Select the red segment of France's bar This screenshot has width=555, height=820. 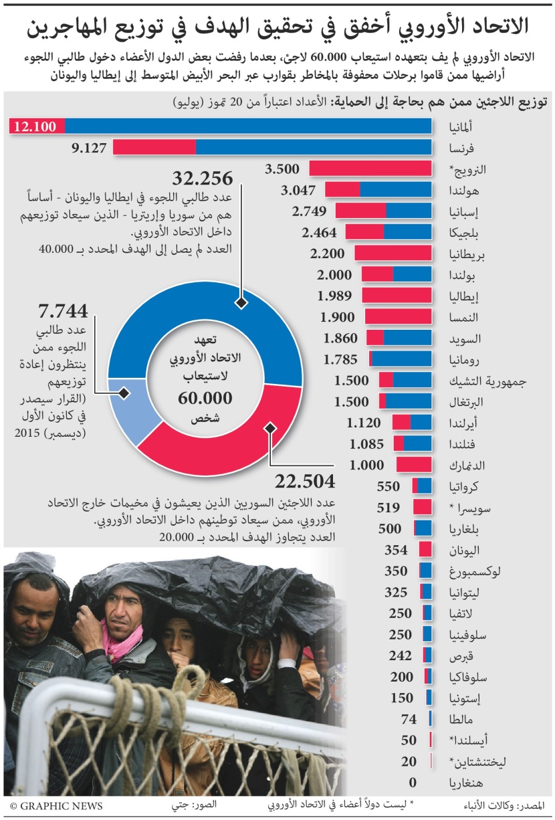click(x=154, y=147)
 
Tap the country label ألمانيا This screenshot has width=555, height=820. click(x=462, y=126)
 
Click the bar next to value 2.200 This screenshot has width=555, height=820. click(x=393, y=253)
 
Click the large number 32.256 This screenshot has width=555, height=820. click(x=203, y=179)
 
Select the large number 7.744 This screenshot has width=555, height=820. click(x=63, y=312)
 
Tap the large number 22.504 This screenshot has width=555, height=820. click(x=305, y=482)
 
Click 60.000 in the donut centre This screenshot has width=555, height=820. click(x=205, y=399)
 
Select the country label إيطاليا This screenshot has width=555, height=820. click(x=462, y=296)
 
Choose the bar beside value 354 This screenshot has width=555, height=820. click(x=425, y=550)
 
